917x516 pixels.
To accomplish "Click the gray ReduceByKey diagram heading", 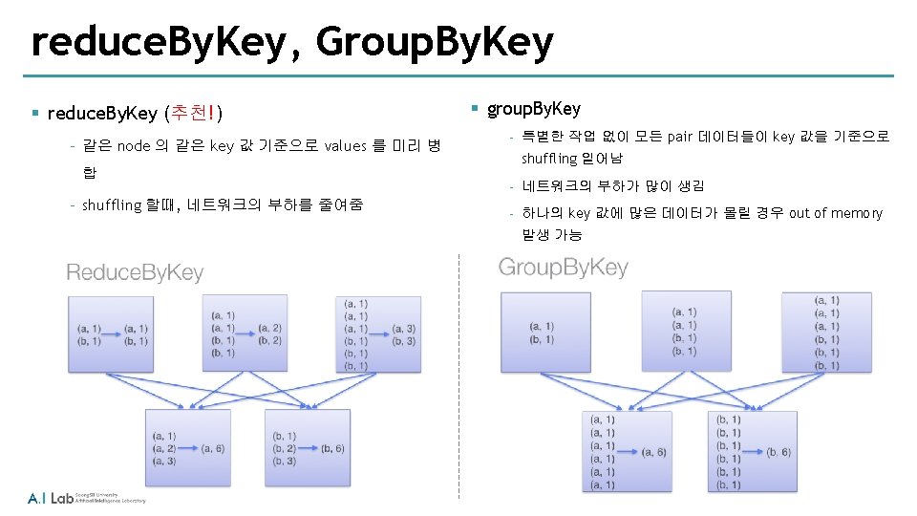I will coord(135,273).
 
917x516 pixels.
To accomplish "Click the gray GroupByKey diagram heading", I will coord(564,267).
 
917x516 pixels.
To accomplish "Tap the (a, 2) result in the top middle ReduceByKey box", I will coord(269,328).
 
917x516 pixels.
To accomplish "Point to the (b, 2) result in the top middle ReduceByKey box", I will coord(269,340).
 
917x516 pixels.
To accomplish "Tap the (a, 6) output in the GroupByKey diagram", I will coord(654,452).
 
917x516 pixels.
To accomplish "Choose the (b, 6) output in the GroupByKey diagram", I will coord(778,452).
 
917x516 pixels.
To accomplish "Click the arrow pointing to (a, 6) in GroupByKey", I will coord(629,452).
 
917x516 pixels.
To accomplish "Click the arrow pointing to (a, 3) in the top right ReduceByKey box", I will coord(379,329).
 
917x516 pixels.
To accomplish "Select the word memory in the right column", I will coord(856,213).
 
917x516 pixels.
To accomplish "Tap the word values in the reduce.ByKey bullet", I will coord(345,146).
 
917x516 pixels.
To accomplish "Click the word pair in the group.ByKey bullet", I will coord(679,137).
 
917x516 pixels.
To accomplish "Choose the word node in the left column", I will coord(133,146).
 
